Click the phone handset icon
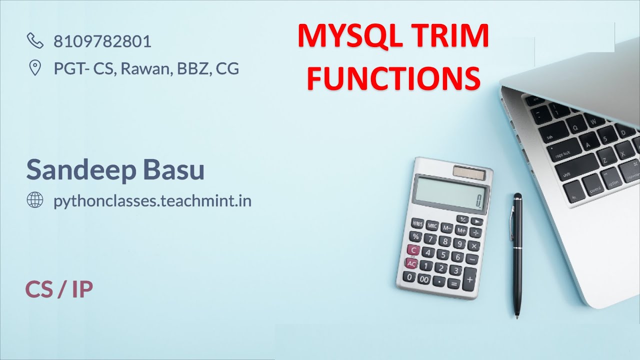click(35, 41)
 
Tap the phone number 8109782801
click(102, 41)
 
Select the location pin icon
click(35, 68)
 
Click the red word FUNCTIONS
click(393, 78)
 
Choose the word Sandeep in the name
click(81, 169)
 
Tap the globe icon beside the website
click(35, 201)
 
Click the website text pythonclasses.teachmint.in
click(152, 201)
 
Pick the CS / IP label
click(59, 290)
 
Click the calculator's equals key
click(453, 283)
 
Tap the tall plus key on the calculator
click(470, 278)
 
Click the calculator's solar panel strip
click(469, 173)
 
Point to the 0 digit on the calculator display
click(478, 201)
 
